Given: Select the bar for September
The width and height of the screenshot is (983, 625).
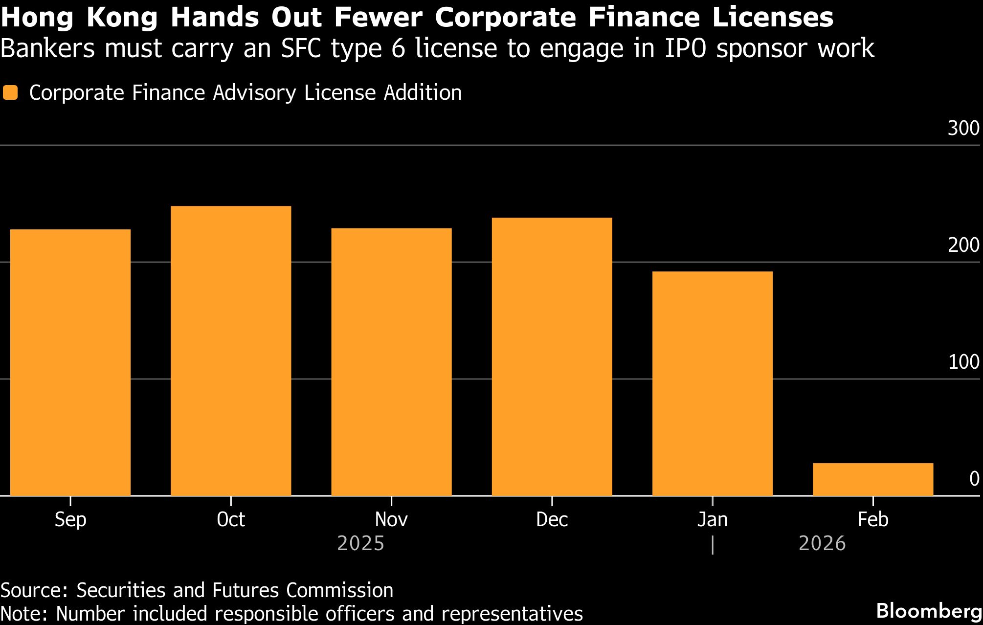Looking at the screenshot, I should click(70, 362).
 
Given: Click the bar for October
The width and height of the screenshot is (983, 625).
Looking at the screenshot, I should click(231, 351).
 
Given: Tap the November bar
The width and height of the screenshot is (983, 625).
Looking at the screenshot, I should click(391, 362).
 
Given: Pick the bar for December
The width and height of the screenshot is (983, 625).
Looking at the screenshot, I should click(552, 357).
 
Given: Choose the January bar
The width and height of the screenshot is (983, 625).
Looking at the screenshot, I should click(712, 383).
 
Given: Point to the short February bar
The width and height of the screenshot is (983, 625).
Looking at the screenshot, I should click(872, 479).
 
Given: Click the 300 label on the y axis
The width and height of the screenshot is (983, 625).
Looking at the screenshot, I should click(963, 129).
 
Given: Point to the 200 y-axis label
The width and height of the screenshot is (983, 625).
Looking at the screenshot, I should click(963, 246).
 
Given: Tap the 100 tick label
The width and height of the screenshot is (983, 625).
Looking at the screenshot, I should click(963, 362).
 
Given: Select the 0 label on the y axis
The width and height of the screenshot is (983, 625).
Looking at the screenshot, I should click(974, 479).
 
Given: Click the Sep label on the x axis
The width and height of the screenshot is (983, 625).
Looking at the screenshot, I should click(70, 519).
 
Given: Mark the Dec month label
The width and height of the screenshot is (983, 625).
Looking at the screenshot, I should click(552, 519).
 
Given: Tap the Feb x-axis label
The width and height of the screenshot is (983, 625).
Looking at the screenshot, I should click(872, 519).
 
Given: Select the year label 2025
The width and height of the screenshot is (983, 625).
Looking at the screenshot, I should click(361, 544).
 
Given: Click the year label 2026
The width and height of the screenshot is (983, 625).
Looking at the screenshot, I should click(822, 544).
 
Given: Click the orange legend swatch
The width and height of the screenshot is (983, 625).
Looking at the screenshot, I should click(10, 93).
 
